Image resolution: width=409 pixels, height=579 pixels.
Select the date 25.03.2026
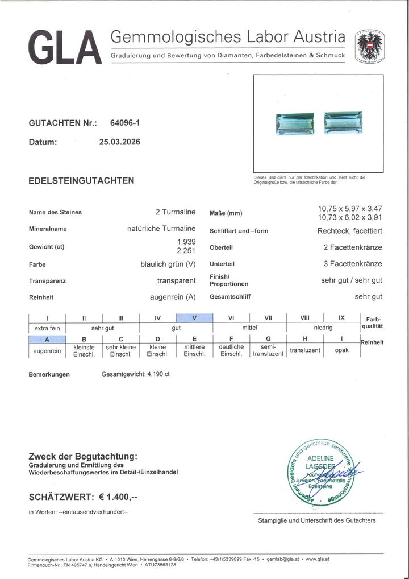(119, 142)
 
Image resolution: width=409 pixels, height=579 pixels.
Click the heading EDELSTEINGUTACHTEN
(81, 181)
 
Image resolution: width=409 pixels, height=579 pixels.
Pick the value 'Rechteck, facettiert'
(349, 231)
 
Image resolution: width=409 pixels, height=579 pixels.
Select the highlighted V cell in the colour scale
(195, 318)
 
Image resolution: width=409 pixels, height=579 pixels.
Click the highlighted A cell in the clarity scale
(47, 340)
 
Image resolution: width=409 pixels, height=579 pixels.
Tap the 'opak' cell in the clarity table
(342, 350)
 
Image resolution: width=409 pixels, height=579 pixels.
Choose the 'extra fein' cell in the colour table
(47, 329)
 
